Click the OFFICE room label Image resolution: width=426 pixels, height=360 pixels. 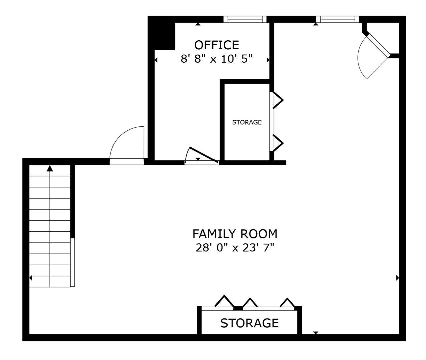[217, 45]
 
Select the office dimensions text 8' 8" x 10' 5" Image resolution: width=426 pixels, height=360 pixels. [217, 59]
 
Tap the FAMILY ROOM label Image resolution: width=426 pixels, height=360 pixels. [235, 234]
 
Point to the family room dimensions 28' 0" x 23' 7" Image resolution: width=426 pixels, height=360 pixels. [235, 248]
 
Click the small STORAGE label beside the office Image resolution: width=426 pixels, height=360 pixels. [247, 122]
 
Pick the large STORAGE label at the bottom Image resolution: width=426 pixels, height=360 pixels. [250, 323]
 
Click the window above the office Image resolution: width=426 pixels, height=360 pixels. [245, 19]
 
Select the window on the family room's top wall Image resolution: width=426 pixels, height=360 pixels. [337, 19]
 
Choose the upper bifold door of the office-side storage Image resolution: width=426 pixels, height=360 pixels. [278, 100]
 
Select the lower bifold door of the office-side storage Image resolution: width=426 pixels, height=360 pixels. [278, 143]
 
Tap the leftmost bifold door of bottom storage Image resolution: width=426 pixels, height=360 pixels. [224, 301]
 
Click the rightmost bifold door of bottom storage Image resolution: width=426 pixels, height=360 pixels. [287, 302]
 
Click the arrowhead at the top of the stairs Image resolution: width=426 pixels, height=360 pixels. [50, 168]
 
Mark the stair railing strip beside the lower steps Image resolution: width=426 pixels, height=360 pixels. [72, 262]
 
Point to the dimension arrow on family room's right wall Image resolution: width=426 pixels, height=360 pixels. [398, 278]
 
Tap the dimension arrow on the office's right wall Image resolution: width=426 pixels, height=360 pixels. [268, 60]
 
